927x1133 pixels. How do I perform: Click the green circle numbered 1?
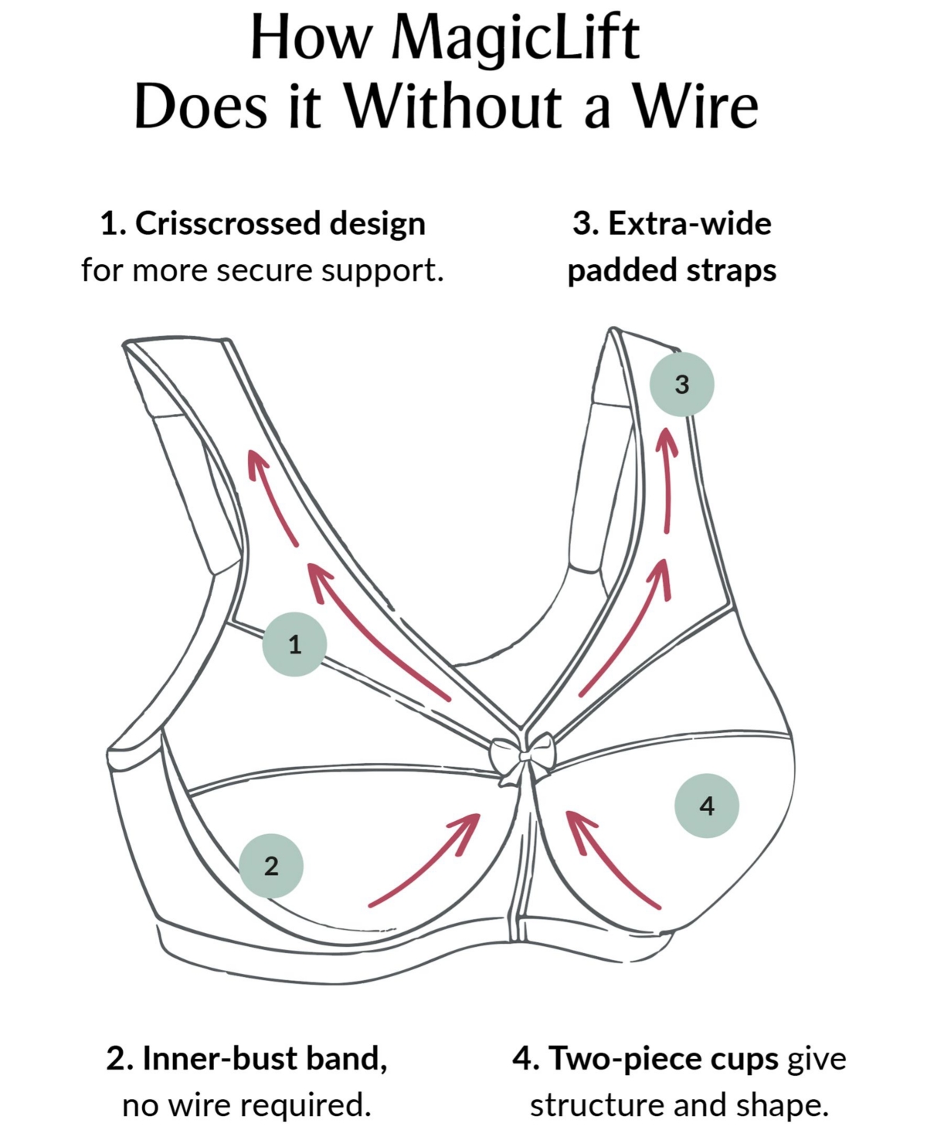point(294,644)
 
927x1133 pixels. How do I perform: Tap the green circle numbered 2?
point(271,866)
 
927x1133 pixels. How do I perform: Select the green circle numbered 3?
point(681,384)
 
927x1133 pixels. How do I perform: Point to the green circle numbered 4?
point(707,806)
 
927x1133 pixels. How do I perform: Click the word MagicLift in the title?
point(515,39)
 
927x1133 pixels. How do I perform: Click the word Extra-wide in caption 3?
point(689,224)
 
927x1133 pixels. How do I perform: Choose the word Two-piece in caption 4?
point(663,1058)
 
